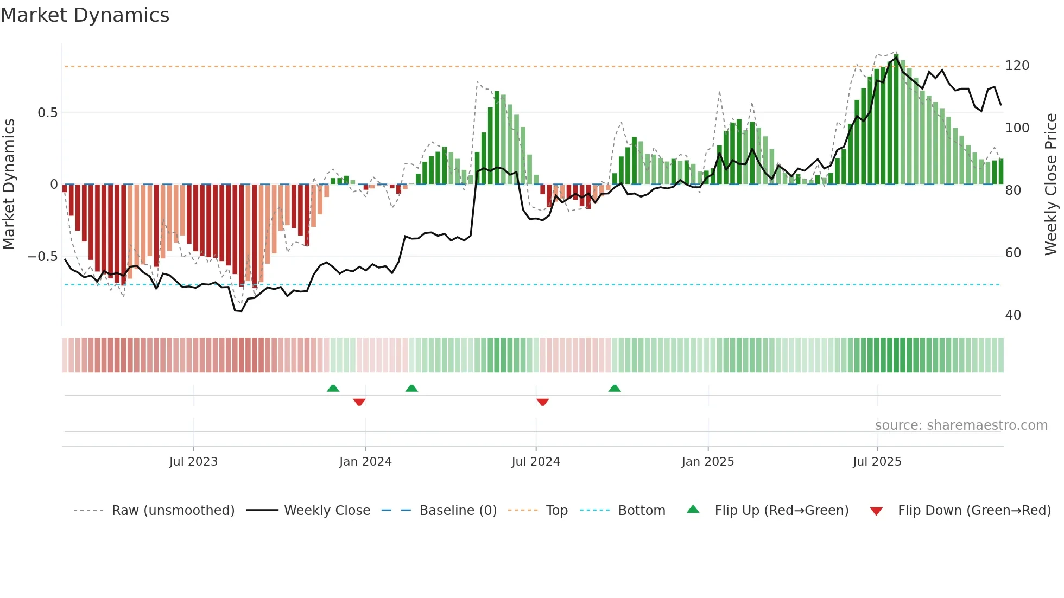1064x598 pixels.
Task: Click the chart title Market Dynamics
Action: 85,15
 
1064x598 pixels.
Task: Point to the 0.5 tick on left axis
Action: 47,113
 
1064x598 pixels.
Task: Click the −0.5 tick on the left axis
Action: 43,257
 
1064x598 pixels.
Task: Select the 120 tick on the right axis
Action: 1017,66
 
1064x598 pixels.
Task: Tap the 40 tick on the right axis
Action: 1013,315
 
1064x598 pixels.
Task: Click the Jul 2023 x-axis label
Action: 193,462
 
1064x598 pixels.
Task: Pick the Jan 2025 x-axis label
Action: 707,462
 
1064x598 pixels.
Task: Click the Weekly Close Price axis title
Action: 1051,185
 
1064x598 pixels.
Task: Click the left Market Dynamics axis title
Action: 9,185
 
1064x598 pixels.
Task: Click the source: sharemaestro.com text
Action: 961,425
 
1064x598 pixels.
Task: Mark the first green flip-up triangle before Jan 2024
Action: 333,389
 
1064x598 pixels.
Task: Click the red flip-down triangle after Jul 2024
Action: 542,402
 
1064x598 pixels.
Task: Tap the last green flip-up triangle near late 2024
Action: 615,389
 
